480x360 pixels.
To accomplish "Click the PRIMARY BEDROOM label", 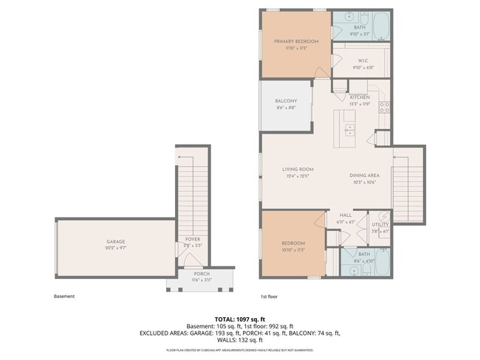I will [296, 41].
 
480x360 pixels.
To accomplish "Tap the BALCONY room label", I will [286, 101].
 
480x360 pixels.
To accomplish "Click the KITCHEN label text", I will [360, 97].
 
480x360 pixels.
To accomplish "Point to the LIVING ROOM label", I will [298, 169].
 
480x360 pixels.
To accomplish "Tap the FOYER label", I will [193, 239].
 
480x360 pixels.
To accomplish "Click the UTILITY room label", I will [380, 224].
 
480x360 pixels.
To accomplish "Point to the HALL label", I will [346, 215].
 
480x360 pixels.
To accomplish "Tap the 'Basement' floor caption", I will [64, 297].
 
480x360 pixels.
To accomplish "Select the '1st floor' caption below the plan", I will [269, 297].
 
